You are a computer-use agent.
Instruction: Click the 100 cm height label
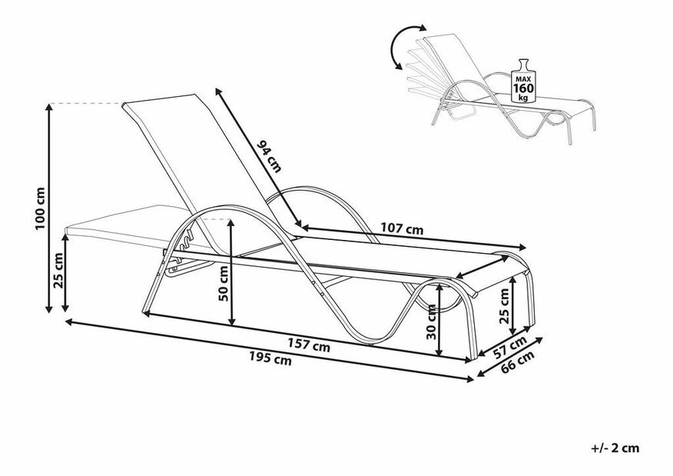[41, 208]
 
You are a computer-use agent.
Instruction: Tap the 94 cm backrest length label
[269, 156]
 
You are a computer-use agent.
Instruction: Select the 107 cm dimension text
[402, 229]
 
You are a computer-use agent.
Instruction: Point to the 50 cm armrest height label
[224, 283]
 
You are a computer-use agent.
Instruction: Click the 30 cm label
[431, 321]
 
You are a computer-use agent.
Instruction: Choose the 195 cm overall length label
[270, 358]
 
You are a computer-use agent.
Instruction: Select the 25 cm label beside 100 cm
[58, 270]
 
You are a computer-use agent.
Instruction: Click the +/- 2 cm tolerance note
[615, 448]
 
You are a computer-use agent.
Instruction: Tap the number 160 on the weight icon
[523, 88]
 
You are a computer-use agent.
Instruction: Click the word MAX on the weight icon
[523, 79]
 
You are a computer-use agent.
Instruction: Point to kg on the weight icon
[523, 98]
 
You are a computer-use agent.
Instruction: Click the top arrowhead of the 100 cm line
[50, 108]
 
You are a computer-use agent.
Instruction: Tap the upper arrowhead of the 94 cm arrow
[218, 92]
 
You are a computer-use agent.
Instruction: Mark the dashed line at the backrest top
[87, 104]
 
